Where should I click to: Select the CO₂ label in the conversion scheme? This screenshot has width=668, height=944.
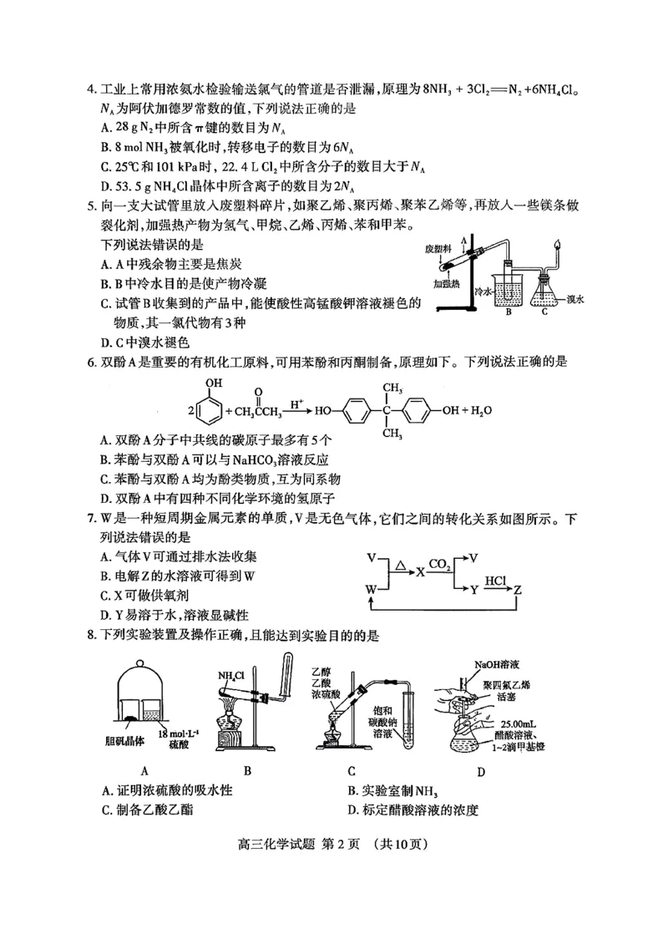coord(440,563)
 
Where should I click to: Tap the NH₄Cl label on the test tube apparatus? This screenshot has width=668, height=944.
coord(230,676)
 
